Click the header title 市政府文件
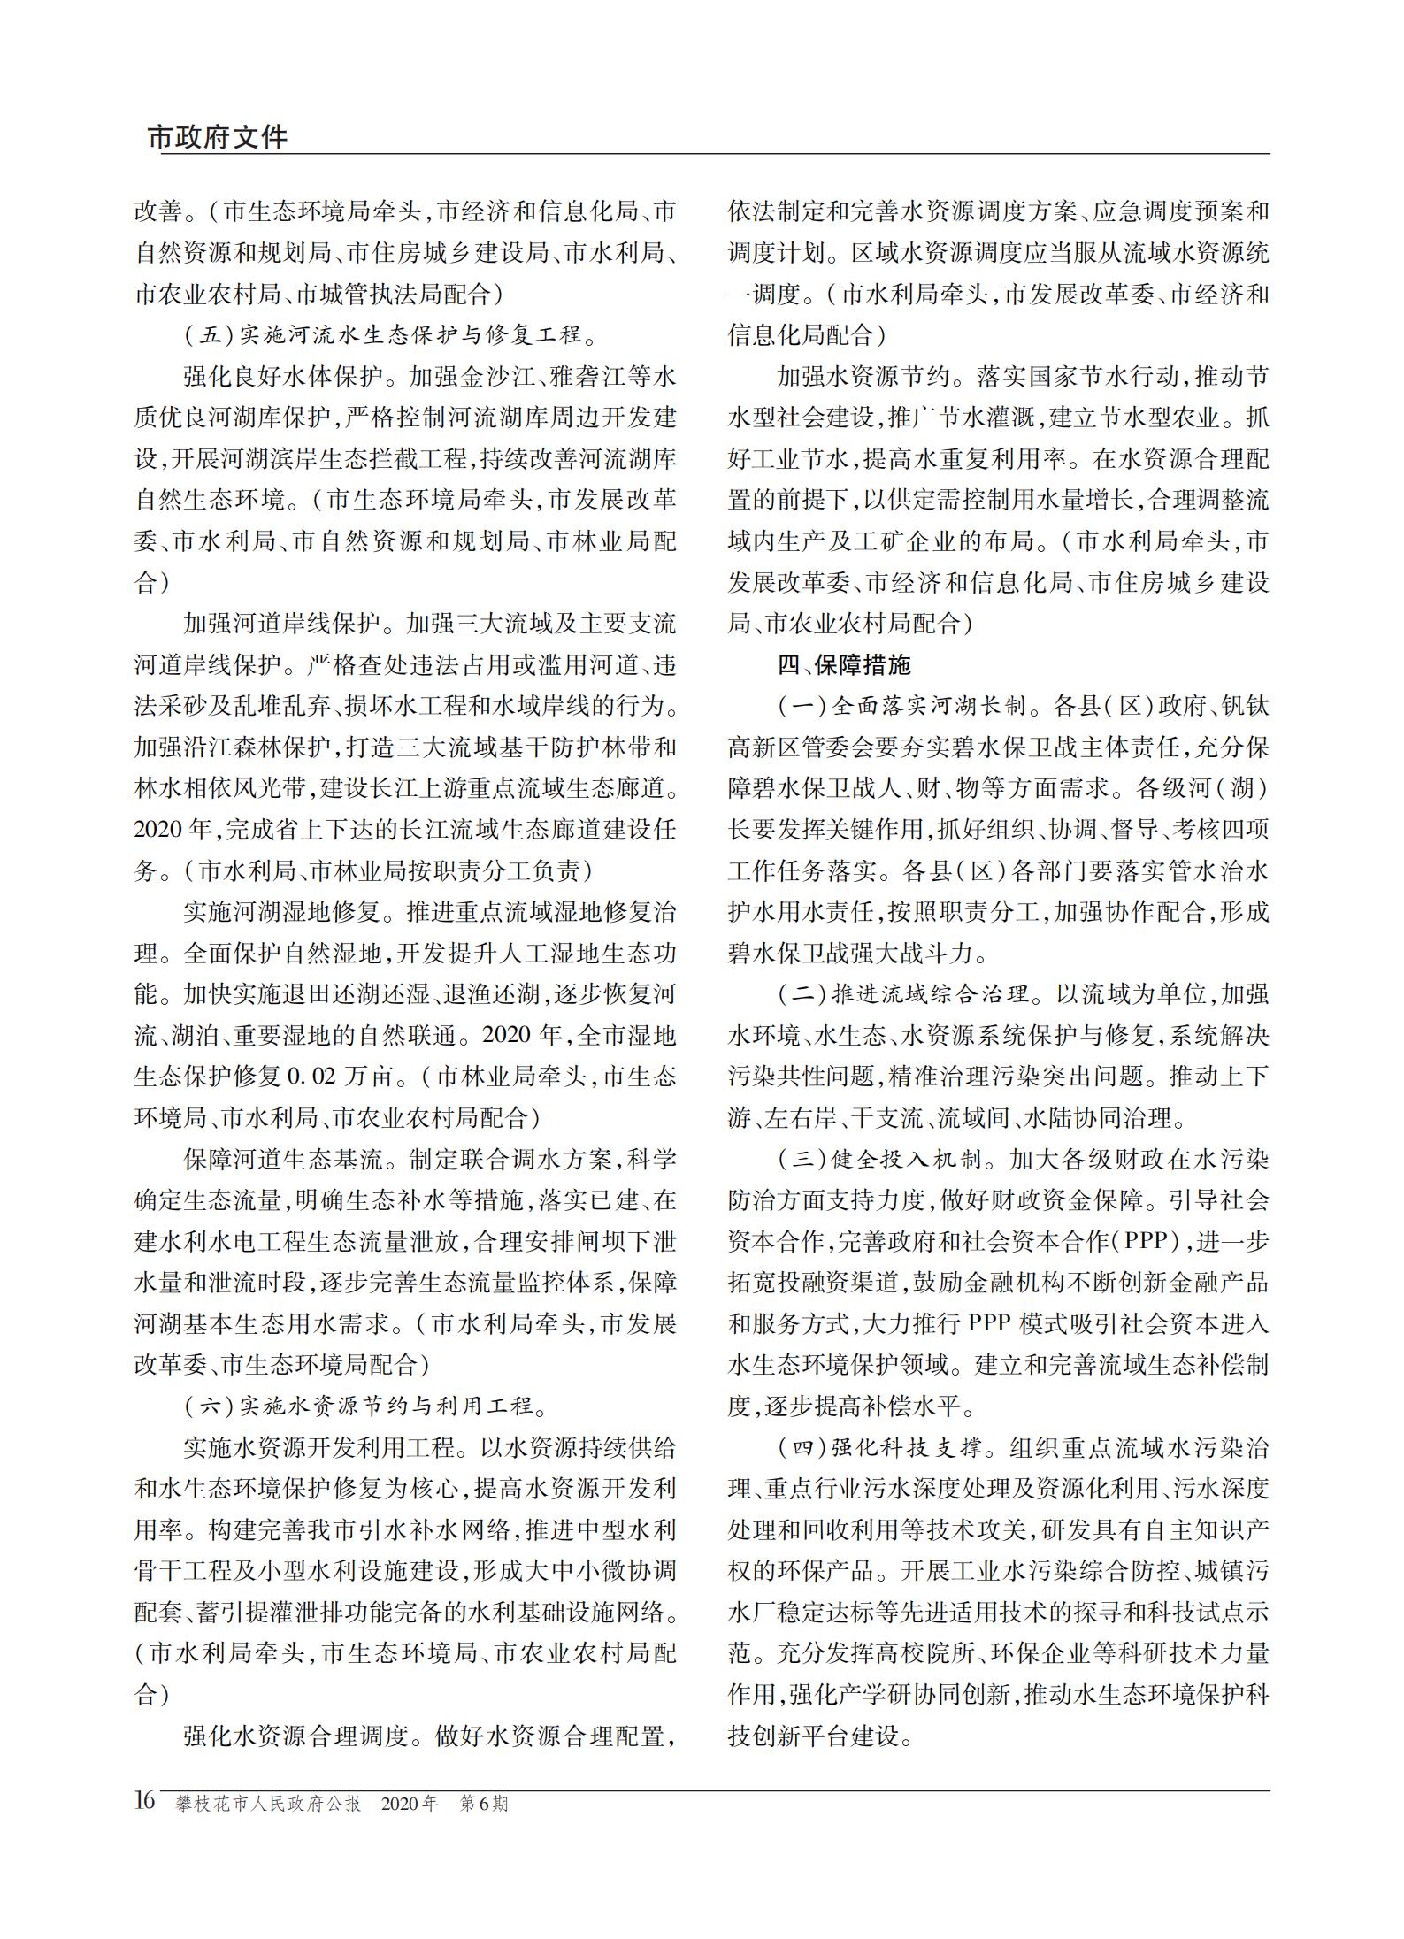click(218, 137)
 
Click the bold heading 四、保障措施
click(843, 664)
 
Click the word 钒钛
click(1245, 706)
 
